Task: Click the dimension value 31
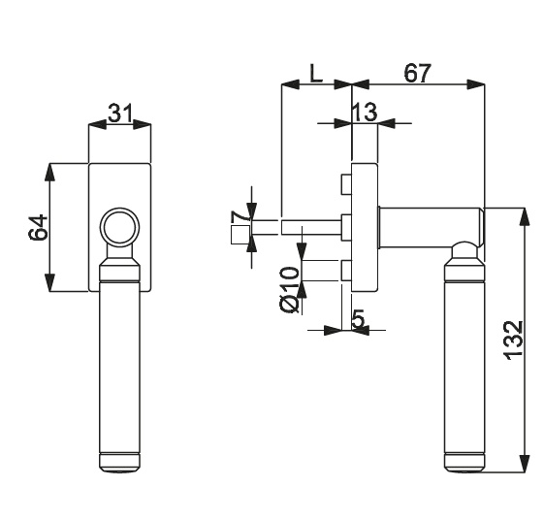(x=120, y=113)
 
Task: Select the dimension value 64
(x=38, y=227)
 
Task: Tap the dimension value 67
(x=417, y=73)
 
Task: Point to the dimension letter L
(x=316, y=74)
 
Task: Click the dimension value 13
(x=365, y=112)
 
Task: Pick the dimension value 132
(x=512, y=341)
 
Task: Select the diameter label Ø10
(x=289, y=289)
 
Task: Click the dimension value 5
(x=359, y=319)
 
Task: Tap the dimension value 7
(x=240, y=217)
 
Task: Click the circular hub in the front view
(x=119, y=227)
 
